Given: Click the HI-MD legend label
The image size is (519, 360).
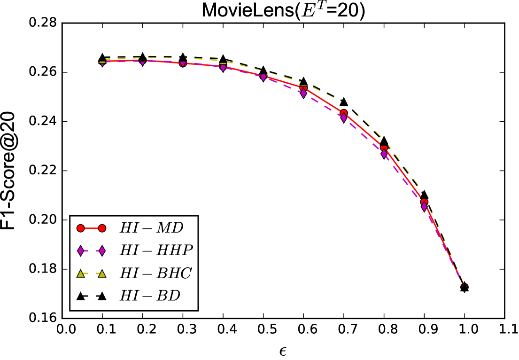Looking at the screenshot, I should [151, 228].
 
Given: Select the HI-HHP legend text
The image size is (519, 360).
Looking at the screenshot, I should [156, 251].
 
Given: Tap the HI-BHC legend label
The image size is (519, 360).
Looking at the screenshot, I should [155, 274].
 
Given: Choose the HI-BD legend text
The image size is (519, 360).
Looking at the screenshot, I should [150, 296].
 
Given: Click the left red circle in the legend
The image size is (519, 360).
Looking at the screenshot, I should [80, 228].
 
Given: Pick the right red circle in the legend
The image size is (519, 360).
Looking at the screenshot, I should [102, 228].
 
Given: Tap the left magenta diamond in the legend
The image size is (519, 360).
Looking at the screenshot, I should [80, 251].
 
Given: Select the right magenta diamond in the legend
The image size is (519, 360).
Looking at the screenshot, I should [102, 251].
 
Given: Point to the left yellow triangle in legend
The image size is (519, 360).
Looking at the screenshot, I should [80, 274].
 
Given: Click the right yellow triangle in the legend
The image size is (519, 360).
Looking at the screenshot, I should [102, 274].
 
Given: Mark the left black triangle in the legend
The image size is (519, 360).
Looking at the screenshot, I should [80, 296].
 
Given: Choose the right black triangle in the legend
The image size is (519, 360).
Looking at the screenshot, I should [102, 296].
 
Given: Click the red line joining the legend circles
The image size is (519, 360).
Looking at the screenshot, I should [91, 228].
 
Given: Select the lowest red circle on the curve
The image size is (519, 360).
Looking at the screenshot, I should [424, 203].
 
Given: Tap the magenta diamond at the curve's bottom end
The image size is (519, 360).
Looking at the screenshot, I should [464, 286].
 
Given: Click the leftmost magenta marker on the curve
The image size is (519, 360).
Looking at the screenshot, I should [102, 64].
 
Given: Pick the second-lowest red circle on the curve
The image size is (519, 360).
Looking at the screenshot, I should [384, 149].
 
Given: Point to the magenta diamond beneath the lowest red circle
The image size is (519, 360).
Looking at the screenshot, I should [424, 206].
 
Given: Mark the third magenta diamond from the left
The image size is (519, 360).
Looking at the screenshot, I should [183, 63].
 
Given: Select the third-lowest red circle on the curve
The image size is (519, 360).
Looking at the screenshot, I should [343, 113].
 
